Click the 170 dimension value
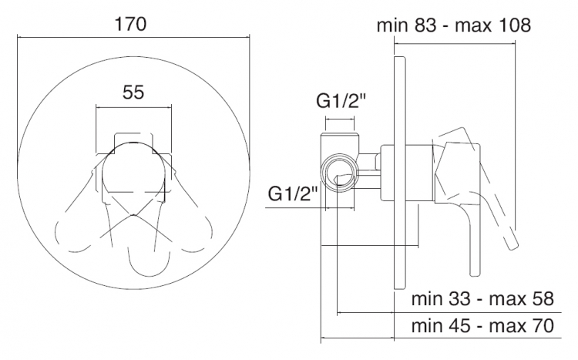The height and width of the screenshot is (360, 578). coord(131,25)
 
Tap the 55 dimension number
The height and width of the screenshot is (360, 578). coord(133,93)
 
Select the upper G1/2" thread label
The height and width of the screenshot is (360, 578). coord(341,101)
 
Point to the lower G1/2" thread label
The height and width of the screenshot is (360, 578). coord(293,193)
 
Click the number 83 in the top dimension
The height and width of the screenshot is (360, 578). coord(425,25)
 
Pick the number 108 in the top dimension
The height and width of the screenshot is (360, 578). coord(515,25)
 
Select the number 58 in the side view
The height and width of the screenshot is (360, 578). coord(543,298)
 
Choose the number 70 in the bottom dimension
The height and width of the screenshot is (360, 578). coord(543,326)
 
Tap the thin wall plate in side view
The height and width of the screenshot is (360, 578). coord(400,173)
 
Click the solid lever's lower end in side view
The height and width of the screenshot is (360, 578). coord(476,271)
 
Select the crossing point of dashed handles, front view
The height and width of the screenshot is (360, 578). coord(133,215)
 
